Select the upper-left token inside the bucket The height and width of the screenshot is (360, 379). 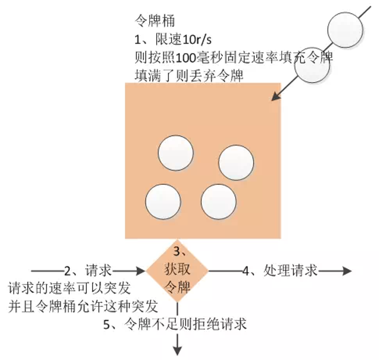(175, 153)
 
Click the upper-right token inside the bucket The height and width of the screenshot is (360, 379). (236, 162)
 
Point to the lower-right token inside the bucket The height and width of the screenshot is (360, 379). (218, 202)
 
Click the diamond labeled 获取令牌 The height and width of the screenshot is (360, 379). (177, 271)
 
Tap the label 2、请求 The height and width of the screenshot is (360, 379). (88, 271)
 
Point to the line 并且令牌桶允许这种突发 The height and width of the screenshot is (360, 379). (83, 307)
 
